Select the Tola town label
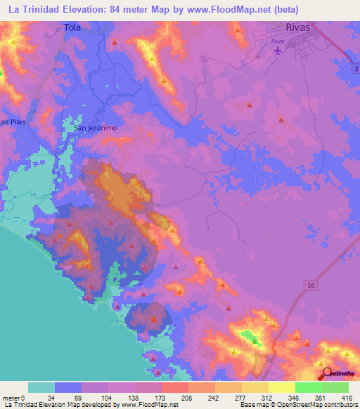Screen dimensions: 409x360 click(x=72, y=28)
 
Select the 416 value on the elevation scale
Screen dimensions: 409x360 click(x=347, y=398)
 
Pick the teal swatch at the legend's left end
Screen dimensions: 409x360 click(x=41, y=387)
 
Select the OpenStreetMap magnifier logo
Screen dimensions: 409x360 click(x=326, y=374)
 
